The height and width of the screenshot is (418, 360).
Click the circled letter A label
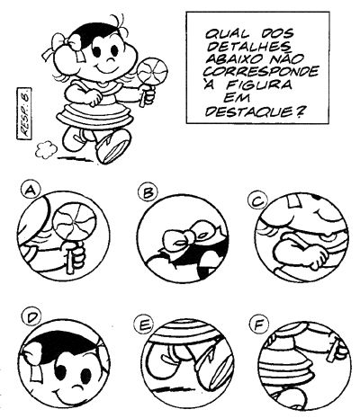pyautogui.click(x=31, y=191)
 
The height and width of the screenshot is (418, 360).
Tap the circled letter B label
pyautogui.click(x=148, y=192)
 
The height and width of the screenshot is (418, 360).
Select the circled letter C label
pyautogui.click(x=256, y=201)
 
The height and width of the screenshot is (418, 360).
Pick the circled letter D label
pyautogui.click(x=32, y=318)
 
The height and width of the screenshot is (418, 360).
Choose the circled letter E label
pyautogui.click(x=143, y=325)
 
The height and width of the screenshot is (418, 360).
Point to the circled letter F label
pyautogui.click(x=258, y=325)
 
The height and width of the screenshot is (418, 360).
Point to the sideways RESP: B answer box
pyautogui.click(x=24, y=113)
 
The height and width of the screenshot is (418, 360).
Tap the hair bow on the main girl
pyautogui.click(x=62, y=45)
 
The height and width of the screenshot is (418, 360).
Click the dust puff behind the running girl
pyautogui.click(x=46, y=149)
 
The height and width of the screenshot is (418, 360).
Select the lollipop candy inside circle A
pyautogui.click(x=74, y=222)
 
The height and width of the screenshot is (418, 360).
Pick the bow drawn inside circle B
pyautogui.click(x=186, y=237)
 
